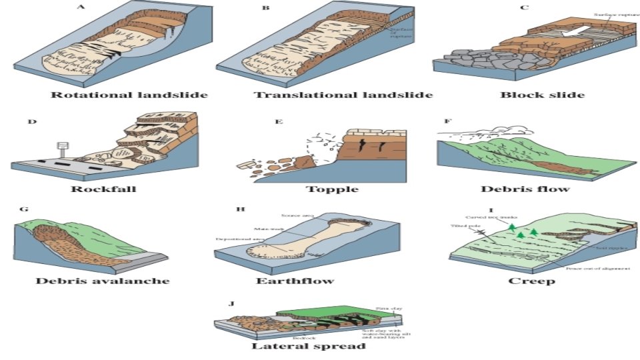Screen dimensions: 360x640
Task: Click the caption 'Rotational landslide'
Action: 129,95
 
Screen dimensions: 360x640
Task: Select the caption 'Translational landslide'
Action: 343,95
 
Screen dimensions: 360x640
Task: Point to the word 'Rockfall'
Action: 103,189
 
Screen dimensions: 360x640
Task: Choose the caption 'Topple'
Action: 332,189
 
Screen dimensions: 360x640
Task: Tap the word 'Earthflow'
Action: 295,281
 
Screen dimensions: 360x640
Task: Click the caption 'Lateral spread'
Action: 308,346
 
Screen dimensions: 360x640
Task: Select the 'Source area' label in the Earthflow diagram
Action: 297,216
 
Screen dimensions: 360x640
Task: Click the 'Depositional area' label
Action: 235,239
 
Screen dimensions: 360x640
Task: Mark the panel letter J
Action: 231,303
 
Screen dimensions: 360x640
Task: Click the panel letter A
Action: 81,8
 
